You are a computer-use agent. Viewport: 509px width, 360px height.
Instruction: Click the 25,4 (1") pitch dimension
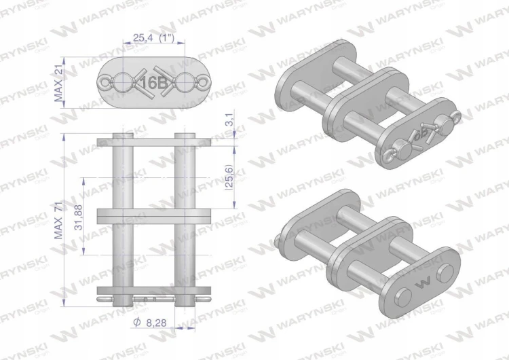point(153,37)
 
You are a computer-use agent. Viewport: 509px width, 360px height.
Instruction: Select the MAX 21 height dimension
point(59,83)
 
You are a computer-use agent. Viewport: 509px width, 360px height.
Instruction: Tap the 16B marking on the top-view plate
point(153,84)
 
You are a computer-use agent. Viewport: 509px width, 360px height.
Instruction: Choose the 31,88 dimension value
point(79,217)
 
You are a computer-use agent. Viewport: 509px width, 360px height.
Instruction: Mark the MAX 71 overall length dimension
point(58,219)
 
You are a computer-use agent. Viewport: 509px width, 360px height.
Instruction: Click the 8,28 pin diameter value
point(157,323)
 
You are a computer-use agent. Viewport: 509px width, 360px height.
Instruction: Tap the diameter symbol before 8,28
point(137,323)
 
